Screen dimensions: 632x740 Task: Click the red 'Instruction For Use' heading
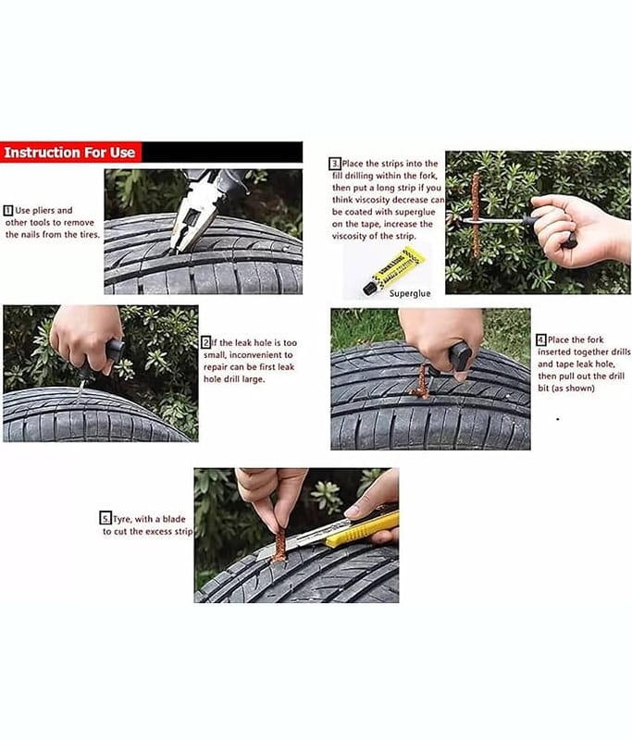point(69,153)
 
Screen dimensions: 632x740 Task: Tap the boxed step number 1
point(8,211)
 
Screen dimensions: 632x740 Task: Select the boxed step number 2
point(206,342)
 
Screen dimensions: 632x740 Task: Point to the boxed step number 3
point(335,164)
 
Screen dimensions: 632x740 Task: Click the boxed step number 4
point(541,339)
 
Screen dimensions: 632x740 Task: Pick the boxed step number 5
point(105,519)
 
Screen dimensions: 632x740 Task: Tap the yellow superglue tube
point(393,270)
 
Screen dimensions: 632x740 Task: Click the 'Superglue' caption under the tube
point(410,293)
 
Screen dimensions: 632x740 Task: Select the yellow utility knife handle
point(364,528)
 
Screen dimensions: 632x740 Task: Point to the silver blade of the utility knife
point(302,539)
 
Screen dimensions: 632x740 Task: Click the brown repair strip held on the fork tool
point(476,215)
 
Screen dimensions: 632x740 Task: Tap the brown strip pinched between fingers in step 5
point(279,544)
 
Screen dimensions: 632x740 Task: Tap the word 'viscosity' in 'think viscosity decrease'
point(372,200)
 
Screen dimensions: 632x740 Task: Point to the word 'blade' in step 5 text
point(174,519)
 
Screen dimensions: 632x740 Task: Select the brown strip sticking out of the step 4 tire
point(420,381)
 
